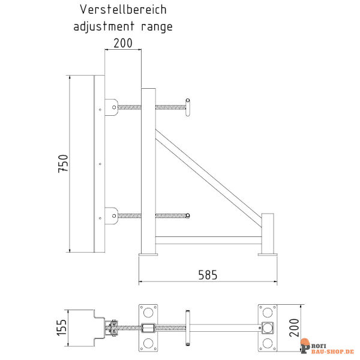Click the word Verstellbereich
tap(123, 10)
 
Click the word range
tap(157, 27)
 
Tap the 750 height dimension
tap(64, 163)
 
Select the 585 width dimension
tap(208, 275)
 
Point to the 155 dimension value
tap(62, 328)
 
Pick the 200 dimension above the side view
tap(123, 43)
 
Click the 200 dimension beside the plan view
tap(294, 328)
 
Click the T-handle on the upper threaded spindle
tap(188, 107)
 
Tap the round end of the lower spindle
tap(188, 215)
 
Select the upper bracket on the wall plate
tap(112, 107)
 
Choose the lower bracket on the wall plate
tap(112, 216)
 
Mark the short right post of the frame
tap(268, 233)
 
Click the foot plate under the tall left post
tap(148, 254)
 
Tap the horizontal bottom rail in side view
tap(208, 240)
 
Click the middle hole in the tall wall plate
tap(100, 164)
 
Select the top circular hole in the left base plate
tap(148, 313)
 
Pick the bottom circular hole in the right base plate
tap(268, 343)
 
